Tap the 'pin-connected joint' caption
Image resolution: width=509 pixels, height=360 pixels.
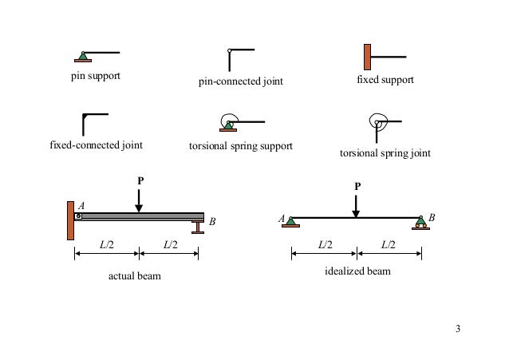(x=241, y=81)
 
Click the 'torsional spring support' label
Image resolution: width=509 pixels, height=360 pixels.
(x=241, y=146)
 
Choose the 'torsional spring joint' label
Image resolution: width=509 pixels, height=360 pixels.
(x=385, y=153)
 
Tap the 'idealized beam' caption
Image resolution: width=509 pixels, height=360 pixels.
(x=357, y=271)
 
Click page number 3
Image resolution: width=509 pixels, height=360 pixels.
(x=458, y=329)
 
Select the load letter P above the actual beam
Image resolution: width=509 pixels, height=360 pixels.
(x=140, y=180)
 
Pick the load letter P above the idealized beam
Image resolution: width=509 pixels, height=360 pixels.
(x=357, y=186)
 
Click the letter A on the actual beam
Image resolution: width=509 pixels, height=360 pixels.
(x=81, y=205)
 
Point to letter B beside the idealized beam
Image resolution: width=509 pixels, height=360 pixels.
(x=432, y=217)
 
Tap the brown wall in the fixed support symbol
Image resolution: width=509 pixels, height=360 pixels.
(x=368, y=57)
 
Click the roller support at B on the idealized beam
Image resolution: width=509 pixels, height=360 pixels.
(x=420, y=224)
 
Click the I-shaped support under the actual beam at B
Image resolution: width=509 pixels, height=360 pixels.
(x=197, y=227)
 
